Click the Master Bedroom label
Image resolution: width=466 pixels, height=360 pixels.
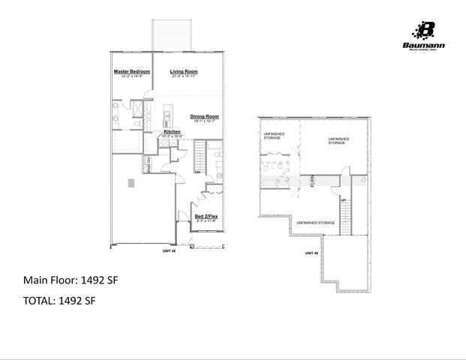point(132,72)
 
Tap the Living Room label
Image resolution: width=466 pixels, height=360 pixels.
point(183,72)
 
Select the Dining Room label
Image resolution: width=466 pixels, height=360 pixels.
point(203,116)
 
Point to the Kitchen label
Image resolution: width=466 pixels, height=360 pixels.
point(173,132)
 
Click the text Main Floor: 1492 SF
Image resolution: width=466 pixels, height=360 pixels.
point(71,280)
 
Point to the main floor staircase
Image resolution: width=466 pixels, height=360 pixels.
point(200,158)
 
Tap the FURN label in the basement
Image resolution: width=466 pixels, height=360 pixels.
point(312,181)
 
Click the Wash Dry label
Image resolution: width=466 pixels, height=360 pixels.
point(149,164)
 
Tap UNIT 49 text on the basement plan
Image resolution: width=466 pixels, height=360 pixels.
point(311,253)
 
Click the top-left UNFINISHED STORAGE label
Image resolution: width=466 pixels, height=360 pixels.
point(272,136)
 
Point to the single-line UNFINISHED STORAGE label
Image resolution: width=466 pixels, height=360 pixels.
point(316,223)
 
